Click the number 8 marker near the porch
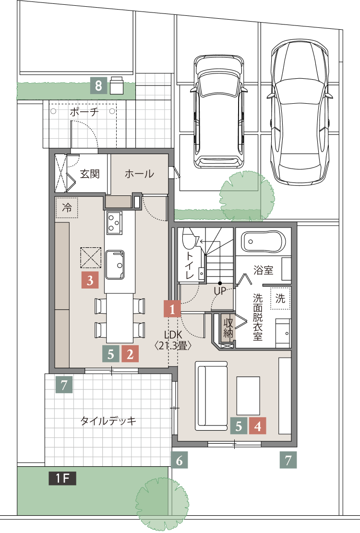98,86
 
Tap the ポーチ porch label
84,112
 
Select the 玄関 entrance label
90,174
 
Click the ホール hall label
139,174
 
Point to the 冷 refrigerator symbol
67,208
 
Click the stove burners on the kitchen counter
115,223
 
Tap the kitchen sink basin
115,264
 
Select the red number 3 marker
90,280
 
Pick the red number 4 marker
257,426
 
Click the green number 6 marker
179,461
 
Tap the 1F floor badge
62,478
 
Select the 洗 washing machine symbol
280,299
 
